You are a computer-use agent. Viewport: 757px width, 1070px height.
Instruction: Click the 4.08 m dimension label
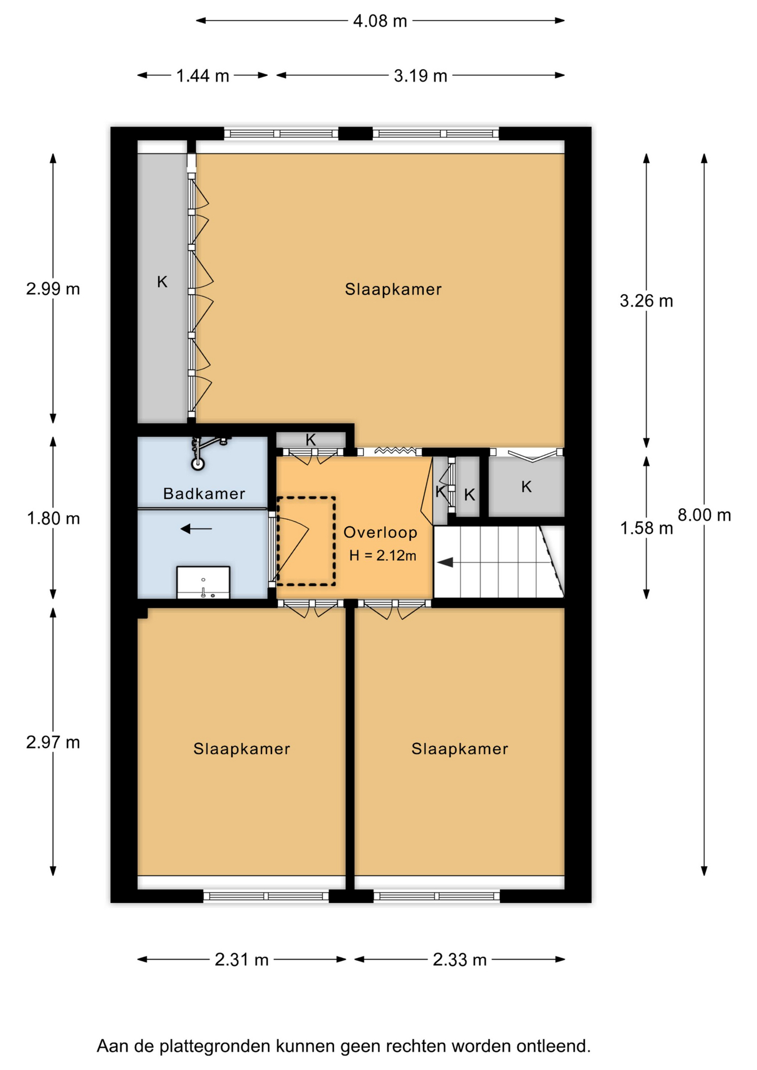click(x=380, y=21)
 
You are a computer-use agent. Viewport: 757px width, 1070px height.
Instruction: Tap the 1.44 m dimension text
click(x=203, y=76)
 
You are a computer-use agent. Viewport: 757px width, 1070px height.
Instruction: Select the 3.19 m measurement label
click(x=420, y=76)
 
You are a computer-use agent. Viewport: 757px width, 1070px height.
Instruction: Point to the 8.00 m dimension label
click(x=704, y=515)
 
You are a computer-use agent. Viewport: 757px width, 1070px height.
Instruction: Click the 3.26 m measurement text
click(x=646, y=301)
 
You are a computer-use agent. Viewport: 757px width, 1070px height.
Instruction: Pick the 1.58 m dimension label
click(x=646, y=528)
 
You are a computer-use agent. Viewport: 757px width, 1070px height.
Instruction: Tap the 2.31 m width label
click(x=241, y=960)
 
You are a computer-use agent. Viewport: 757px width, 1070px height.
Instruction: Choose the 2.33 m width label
click(x=459, y=960)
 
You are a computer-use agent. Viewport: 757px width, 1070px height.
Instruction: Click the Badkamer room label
click(x=204, y=494)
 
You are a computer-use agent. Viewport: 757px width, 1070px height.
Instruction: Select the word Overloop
click(x=381, y=533)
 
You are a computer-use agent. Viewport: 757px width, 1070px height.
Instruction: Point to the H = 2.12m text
click(x=382, y=556)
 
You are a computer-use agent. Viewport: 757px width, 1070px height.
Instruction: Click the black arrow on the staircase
click(x=445, y=563)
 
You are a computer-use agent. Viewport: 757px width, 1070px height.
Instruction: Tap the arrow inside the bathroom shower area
click(x=196, y=528)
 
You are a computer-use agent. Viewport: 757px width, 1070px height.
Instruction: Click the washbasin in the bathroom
click(x=203, y=583)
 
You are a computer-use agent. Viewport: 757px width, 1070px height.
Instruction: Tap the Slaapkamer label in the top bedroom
click(x=393, y=289)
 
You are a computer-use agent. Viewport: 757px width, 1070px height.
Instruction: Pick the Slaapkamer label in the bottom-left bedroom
click(x=241, y=748)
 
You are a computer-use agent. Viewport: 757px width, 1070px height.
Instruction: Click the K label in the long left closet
click(x=162, y=282)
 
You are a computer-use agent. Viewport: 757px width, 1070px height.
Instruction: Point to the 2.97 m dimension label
click(x=53, y=742)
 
